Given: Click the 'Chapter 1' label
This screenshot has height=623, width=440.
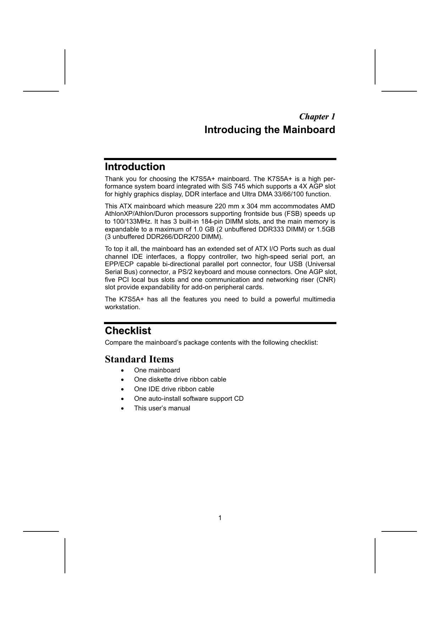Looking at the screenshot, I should [x=317, y=117].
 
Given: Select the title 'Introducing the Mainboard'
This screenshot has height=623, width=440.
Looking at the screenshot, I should [x=270, y=130].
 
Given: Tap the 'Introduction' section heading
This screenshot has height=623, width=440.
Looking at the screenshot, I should [x=135, y=167].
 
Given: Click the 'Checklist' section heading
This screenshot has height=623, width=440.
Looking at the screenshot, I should [x=128, y=331].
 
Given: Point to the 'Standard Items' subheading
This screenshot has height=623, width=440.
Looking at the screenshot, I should [x=139, y=359].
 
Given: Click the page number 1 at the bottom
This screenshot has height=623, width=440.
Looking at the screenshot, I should [x=220, y=518].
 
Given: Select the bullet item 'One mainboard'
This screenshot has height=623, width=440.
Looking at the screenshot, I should [x=157, y=370].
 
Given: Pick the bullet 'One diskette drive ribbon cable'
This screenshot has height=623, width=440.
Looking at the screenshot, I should [x=180, y=379].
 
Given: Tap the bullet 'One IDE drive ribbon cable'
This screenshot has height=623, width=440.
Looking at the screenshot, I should [x=174, y=389].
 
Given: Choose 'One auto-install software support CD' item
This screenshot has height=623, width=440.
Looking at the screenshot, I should [x=189, y=399].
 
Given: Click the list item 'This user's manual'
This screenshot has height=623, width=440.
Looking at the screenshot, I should [x=162, y=408].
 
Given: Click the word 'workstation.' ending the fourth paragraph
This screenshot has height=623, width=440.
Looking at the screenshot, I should [x=122, y=307].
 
